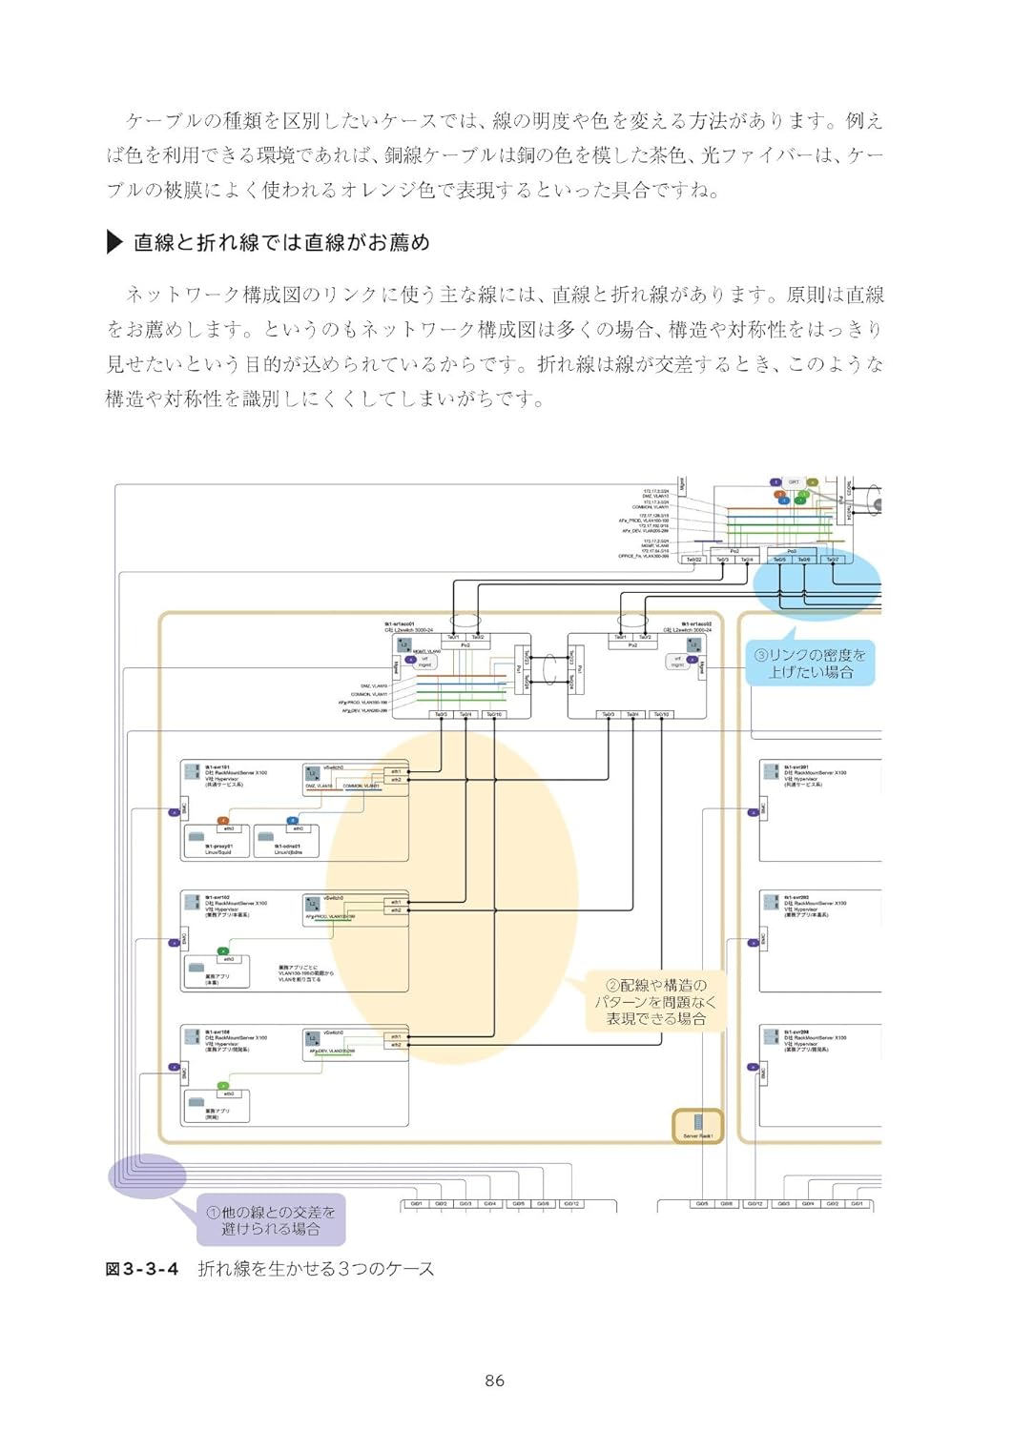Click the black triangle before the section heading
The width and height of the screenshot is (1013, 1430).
coord(114,242)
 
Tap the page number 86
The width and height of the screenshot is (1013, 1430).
coord(494,1380)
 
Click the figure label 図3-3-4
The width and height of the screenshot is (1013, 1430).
coord(141,1269)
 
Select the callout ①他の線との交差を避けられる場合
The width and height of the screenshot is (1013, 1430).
coord(272,1220)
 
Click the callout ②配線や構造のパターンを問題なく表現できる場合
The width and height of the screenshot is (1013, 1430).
coord(656,1002)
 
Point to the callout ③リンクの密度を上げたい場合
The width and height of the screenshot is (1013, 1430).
coord(811,664)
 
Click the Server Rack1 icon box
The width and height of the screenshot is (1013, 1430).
coord(697,1125)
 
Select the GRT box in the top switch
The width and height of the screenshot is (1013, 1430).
coord(794,482)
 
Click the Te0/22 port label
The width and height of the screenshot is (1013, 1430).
coord(693,560)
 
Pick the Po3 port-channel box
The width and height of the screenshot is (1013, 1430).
coord(792,551)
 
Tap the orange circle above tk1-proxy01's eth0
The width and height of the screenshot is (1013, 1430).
coord(223,820)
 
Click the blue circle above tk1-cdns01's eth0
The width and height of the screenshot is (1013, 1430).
coord(293,820)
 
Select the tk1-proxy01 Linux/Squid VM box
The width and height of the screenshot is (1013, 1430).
coord(217,844)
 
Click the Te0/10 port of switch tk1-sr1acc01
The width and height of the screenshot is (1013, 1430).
coord(494,714)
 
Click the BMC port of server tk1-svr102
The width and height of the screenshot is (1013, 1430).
coord(183,940)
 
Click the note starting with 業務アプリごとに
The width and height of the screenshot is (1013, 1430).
coord(306,973)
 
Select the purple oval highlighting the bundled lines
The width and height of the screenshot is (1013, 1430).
coord(148,1173)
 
